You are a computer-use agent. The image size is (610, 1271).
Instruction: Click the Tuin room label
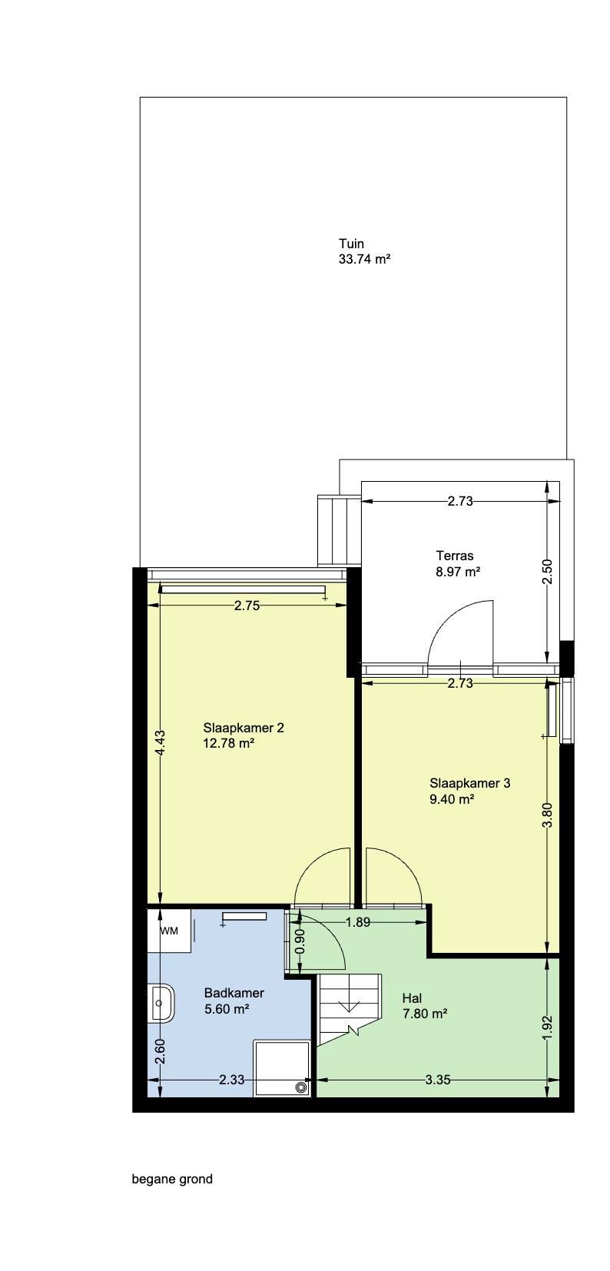pyautogui.click(x=351, y=244)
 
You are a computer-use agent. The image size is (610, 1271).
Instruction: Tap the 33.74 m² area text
pyautogui.click(x=365, y=260)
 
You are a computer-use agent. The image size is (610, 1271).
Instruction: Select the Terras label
pyautogui.click(x=455, y=556)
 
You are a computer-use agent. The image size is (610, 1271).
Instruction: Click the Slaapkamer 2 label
pyautogui.click(x=244, y=728)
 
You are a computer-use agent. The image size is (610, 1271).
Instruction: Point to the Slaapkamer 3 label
pyautogui.click(x=469, y=784)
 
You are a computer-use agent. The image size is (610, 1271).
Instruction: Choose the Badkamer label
pyautogui.click(x=234, y=994)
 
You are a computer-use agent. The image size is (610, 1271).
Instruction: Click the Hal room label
pyautogui.click(x=413, y=998)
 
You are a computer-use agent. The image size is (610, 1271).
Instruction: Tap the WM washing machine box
pyautogui.click(x=169, y=931)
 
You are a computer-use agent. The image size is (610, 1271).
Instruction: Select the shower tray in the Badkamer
pyautogui.click(x=282, y=1067)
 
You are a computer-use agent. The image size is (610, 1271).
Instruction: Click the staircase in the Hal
pyautogui.click(x=350, y=1007)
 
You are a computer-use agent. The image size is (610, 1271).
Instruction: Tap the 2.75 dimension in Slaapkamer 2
pyautogui.click(x=247, y=606)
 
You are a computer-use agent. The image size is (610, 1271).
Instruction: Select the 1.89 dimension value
pyautogui.click(x=358, y=922)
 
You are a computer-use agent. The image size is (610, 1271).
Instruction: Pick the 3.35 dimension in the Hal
pyautogui.click(x=437, y=1080)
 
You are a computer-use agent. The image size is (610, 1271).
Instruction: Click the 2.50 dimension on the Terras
pyautogui.click(x=547, y=572)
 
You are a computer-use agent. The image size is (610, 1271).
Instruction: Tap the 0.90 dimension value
pyautogui.click(x=300, y=942)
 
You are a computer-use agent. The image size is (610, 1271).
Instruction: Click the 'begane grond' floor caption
pyautogui.click(x=172, y=1179)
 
